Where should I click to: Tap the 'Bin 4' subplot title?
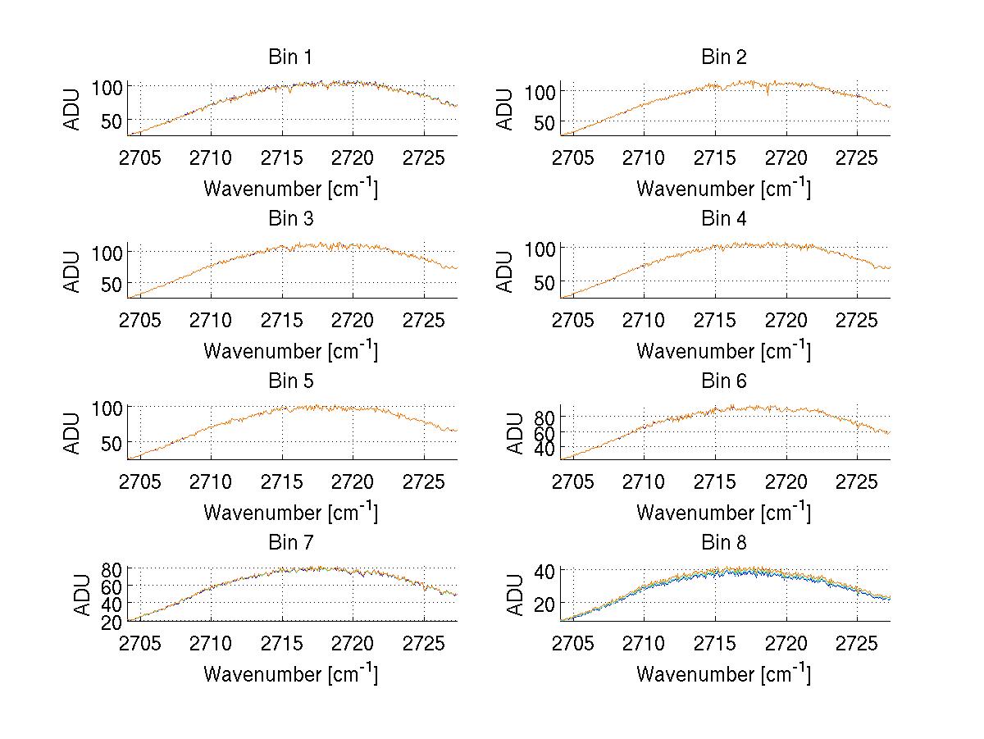(x=724, y=219)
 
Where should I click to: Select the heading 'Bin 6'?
(x=724, y=381)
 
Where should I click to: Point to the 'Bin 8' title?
(x=724, y=542)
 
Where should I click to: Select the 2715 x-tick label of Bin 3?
(x=282, y=319)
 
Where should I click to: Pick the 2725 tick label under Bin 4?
(x=857, y=319)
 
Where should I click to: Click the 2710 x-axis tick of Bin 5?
(x=212, y=481)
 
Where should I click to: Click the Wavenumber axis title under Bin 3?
(x=290, y=351)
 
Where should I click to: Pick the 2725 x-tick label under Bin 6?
(x=857, y=481)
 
